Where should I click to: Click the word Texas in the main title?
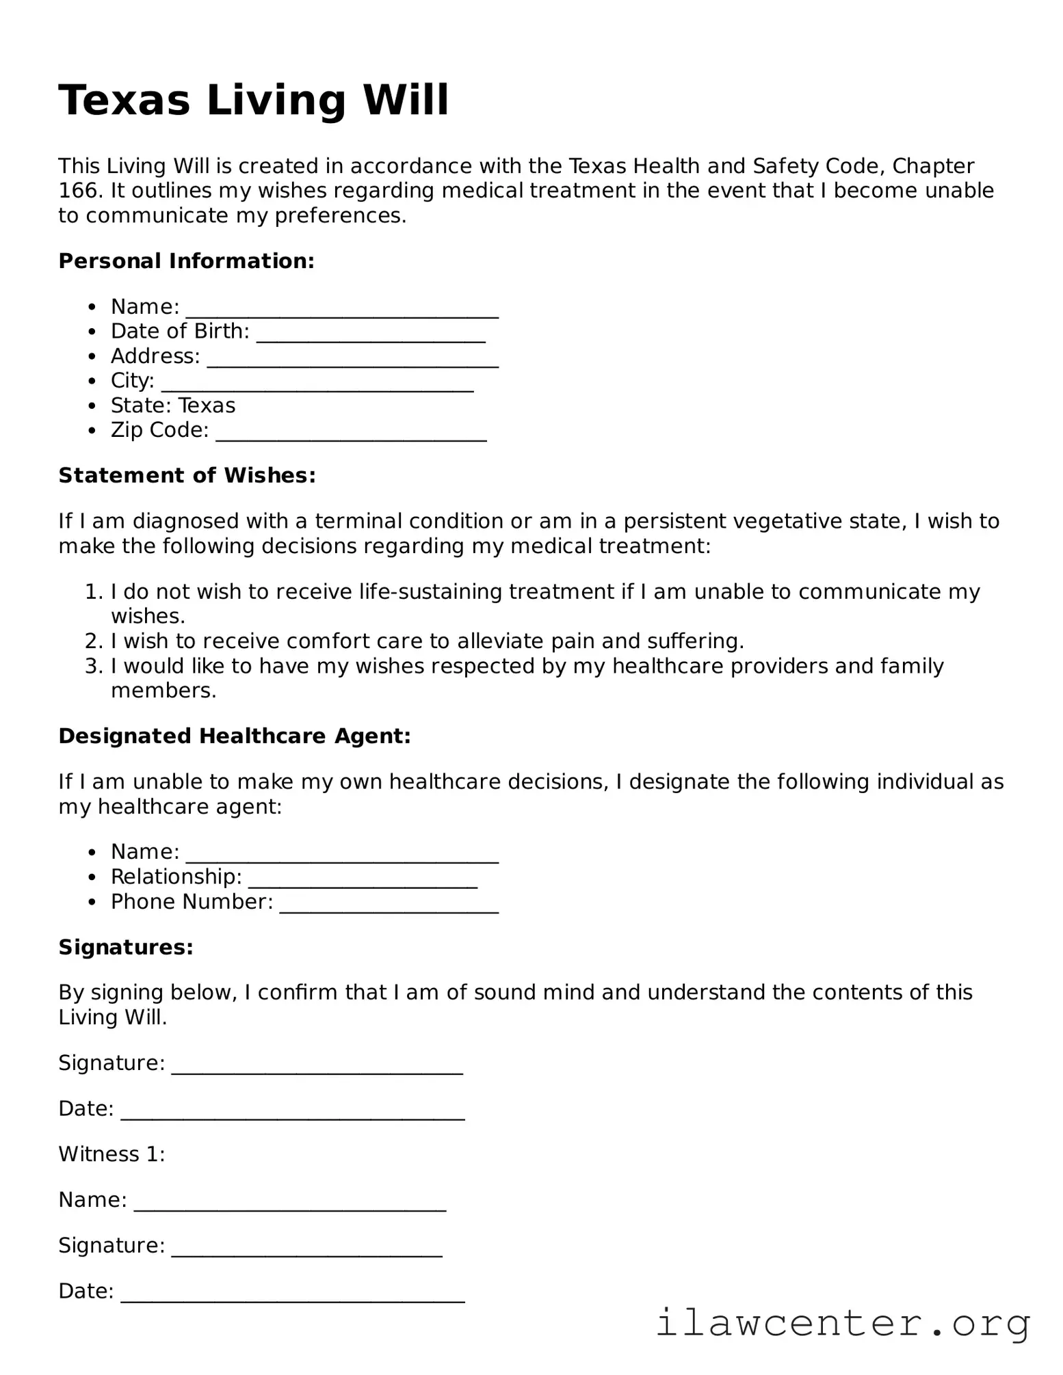(124, 101)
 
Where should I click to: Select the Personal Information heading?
(186, 261)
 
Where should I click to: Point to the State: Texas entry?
(173, 406)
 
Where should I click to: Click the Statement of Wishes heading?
(187, 476)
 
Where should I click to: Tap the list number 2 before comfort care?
(92, 641)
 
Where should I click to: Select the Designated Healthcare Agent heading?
(234, 736)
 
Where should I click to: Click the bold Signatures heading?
(126, 948)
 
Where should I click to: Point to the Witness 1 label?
(111, 1155)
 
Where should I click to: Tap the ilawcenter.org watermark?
(843, 1324)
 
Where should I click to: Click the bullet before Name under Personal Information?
(92, 307)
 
